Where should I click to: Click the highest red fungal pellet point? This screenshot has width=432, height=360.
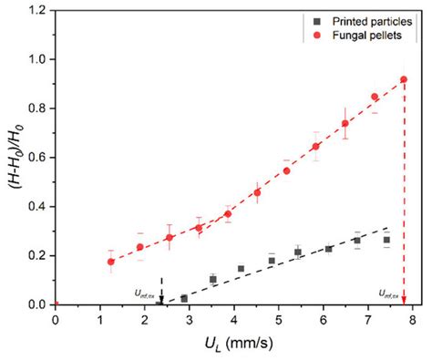point(404,80)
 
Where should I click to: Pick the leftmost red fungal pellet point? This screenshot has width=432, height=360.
point(111,262)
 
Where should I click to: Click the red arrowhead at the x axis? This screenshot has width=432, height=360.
point(404,300)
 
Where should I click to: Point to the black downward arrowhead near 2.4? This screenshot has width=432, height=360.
point(161,300)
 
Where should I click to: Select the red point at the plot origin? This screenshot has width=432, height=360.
point(56,304)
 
